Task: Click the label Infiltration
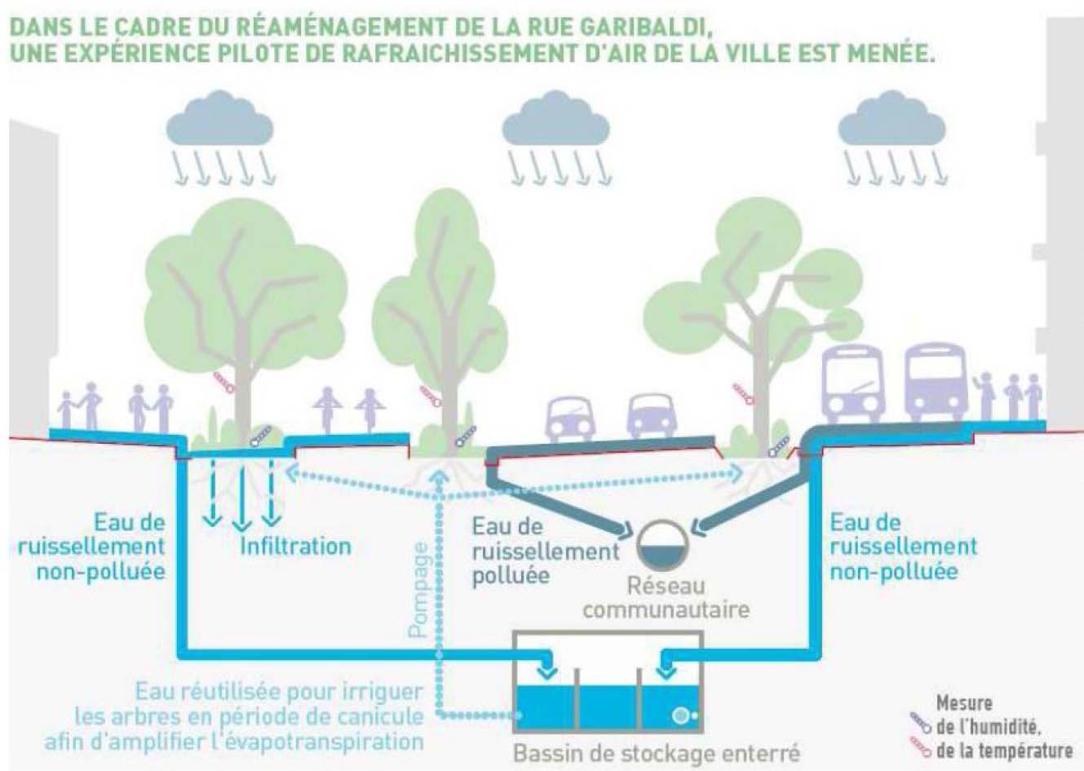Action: pos(295,545)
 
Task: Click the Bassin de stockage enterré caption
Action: pos(657,752)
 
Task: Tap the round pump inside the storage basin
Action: pos(681,716)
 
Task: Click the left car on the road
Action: pos(569,419)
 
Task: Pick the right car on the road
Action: pos(651,416)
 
